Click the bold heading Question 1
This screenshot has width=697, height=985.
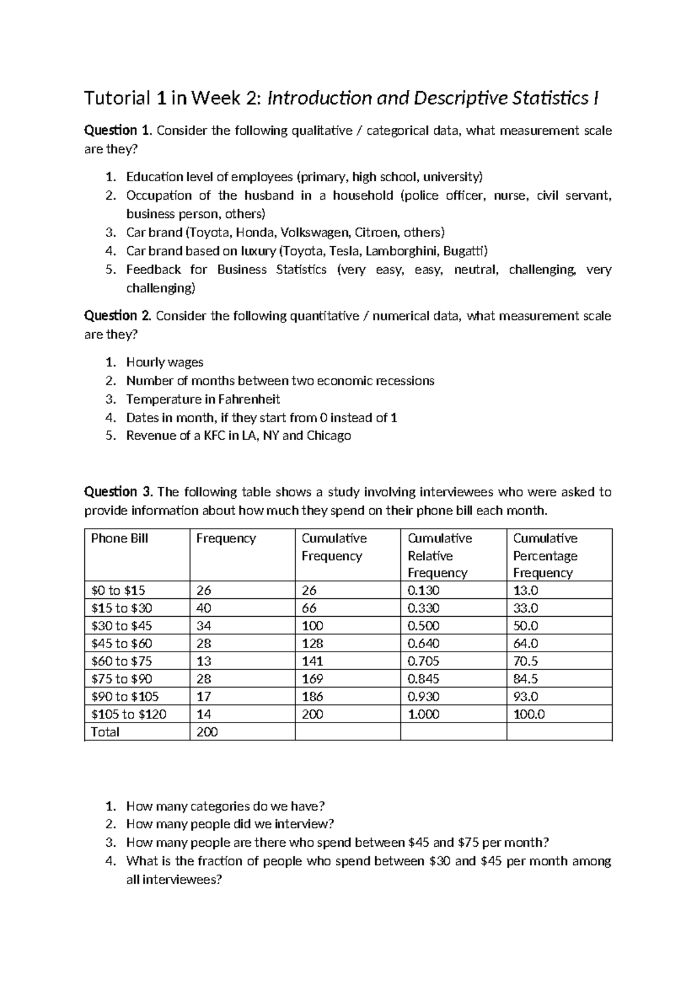118,131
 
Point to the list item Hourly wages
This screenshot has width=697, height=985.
164,362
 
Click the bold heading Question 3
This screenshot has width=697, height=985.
118,492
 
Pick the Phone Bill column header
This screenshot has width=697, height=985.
120,538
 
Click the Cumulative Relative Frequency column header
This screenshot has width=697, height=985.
440,555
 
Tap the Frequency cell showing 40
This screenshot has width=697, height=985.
204,608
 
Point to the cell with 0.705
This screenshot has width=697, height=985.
423,661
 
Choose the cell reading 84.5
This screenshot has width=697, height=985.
526,679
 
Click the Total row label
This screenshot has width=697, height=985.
105,732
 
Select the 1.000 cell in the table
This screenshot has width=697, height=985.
424,714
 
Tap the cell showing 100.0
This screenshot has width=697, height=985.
529,714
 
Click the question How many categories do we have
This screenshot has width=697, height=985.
225,806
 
